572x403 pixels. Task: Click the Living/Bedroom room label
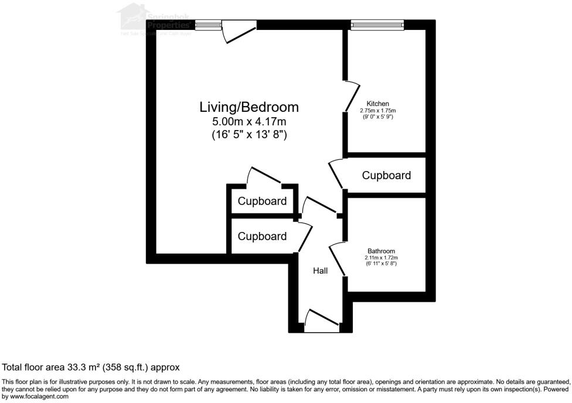tap(249, 107)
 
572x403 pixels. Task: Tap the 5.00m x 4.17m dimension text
tap(249, 122)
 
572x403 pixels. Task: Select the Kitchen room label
tap(378, 104)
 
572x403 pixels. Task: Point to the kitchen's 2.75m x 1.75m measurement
tap(378, 111)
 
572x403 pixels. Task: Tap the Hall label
tap(320, 271)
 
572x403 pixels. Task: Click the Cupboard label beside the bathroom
tap(386, 175)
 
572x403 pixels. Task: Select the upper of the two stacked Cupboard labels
tap(262, 201)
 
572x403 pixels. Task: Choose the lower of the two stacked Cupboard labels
tap(262, 236)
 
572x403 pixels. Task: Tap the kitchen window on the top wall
tap(377, 24)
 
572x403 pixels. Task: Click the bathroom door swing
tap(338, 255)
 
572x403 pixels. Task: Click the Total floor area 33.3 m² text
tap(91, 367)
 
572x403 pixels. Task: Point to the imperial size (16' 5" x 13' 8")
tap(249, 135)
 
